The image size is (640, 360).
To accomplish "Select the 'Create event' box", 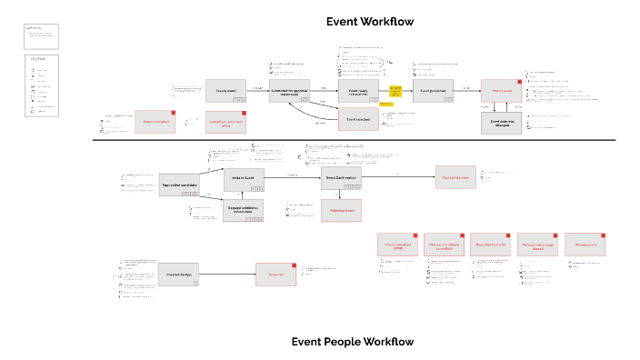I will point(225,91).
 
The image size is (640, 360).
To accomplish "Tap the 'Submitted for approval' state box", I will point(290,91).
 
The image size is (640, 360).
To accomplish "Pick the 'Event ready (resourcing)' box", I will point(357,91).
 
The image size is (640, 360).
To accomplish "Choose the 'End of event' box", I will point(502,91).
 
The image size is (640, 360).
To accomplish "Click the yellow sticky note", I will point(395,90).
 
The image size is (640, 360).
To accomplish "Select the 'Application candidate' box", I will point(179,185).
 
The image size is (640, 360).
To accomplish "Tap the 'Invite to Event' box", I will point(244,179).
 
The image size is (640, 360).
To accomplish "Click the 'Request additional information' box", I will point(244,210).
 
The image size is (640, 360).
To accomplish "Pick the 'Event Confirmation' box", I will point(342,178).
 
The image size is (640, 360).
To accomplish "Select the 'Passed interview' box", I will point(455,178).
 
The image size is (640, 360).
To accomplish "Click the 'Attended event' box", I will point(342,210).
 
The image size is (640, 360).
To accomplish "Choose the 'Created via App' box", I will point(179,275).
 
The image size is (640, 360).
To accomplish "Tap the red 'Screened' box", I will point(276,275).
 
